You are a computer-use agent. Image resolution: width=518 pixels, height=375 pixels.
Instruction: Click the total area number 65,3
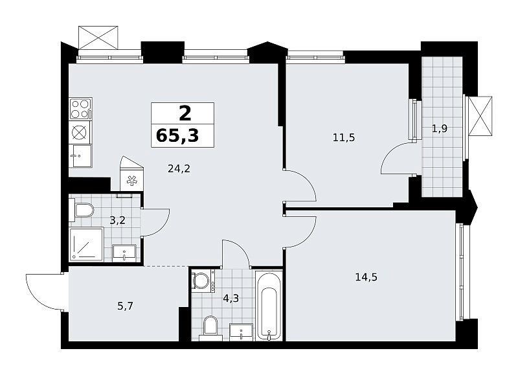[177, 135]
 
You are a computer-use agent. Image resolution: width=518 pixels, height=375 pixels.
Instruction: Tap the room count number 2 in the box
[185, 113]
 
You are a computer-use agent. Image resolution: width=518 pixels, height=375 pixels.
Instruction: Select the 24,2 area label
[179, 169]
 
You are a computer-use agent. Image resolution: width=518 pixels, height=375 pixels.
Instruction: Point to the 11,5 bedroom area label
[344, 137]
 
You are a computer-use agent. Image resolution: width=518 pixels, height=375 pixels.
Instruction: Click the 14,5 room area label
[366, 277]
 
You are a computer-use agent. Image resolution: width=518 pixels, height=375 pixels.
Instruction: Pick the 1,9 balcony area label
[440, 128]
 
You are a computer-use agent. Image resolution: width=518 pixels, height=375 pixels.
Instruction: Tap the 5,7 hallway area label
[125, 306]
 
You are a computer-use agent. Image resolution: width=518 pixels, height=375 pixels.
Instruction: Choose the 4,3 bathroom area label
[231, 299]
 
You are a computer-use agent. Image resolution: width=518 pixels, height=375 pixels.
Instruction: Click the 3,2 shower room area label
[118, 220]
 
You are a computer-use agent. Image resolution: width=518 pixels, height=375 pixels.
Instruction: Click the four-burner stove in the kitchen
[80, 109]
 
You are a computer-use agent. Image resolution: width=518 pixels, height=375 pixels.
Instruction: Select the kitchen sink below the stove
[80, 156]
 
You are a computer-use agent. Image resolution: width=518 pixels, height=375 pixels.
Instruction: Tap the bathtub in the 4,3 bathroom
[269, 306]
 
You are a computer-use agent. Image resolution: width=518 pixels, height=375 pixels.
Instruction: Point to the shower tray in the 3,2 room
[86, 244]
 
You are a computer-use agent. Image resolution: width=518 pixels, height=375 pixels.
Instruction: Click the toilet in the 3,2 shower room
[82, 210]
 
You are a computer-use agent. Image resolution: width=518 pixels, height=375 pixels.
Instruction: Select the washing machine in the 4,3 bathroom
[203, 281]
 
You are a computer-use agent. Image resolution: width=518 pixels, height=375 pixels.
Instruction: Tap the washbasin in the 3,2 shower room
[124, 253]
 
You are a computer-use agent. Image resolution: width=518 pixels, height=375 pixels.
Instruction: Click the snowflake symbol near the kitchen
[132, 181]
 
